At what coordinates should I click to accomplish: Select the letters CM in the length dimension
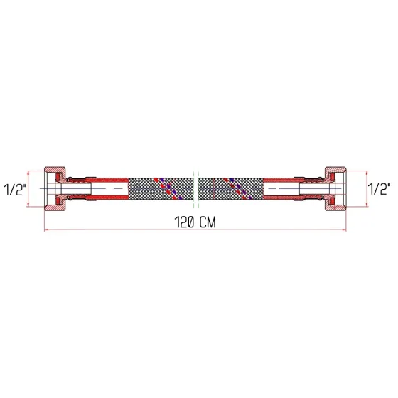coord(208,222)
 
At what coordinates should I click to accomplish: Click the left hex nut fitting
coord(55,189)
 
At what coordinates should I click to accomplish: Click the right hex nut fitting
coord(338,189)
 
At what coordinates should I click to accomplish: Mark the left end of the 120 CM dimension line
coord(45,230)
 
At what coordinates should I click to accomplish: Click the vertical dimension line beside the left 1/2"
coord(29,189)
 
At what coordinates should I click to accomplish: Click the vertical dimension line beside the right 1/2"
coord(366,189)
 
